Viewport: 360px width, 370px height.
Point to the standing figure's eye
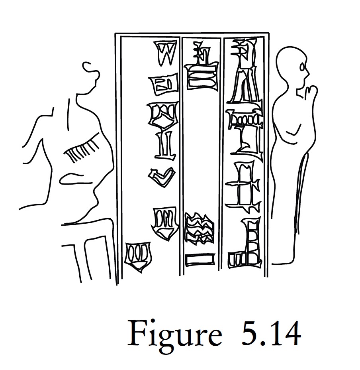[303, 67]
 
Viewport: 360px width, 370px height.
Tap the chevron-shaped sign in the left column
[162, 177]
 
